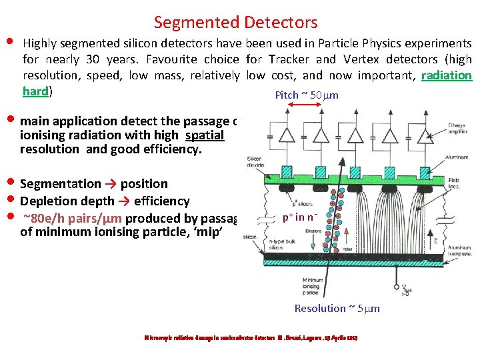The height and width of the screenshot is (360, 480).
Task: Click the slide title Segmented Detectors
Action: tap(235, 23)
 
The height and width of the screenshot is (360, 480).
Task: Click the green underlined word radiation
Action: tap(447, 75)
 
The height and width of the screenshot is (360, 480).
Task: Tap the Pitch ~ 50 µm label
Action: tap(307, 95)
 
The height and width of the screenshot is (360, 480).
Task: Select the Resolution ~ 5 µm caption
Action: tap(337, 308)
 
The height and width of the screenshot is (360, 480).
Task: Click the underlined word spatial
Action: tap(205, 135)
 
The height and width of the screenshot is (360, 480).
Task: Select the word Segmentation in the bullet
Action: tap(61, 183)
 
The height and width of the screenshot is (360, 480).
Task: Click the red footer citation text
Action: tap(251, 338)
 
